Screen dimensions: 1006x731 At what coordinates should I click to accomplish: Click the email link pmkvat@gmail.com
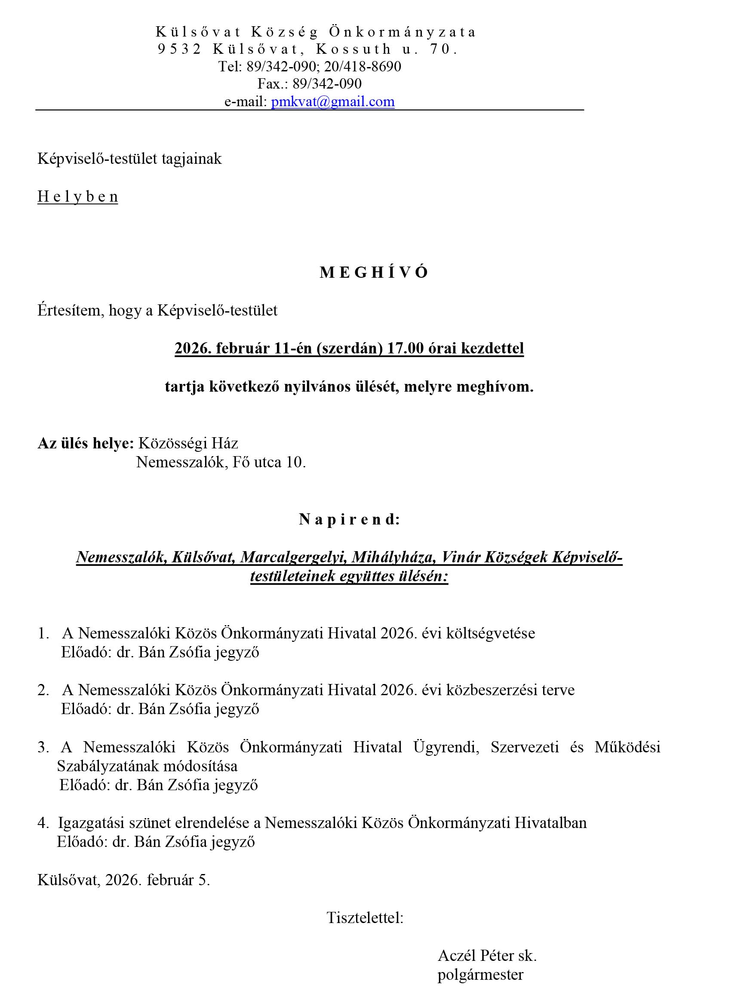(333, 101)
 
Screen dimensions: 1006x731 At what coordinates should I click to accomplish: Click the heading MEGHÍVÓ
(374, 272)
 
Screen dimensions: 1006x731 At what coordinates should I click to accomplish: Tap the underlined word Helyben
(78, 196)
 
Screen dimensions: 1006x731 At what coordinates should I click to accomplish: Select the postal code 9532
(180, 49)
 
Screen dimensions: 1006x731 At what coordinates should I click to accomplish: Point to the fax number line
(310, 83)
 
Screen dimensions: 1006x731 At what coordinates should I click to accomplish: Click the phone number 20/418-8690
(362, 67)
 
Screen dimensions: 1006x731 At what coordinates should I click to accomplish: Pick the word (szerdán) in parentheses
(349, 348)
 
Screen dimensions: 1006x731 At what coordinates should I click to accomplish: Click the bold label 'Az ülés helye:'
(86, 443)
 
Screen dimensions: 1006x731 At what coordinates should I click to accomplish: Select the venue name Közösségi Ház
(188, 443)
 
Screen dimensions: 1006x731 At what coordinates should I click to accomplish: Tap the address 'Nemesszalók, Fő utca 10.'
(221, 462)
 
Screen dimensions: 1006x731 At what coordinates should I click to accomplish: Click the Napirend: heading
(350, 519)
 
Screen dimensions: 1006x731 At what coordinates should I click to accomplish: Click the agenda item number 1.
(43, 633)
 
